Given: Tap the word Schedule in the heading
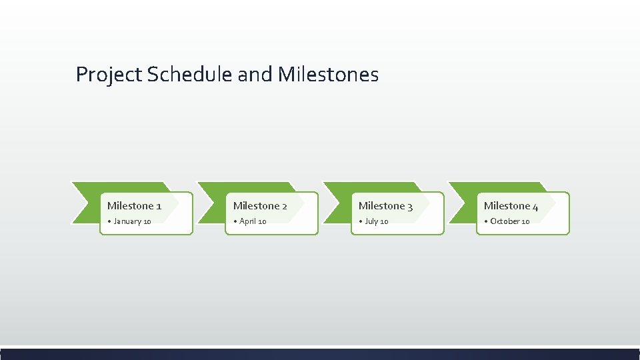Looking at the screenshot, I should pos(190,74).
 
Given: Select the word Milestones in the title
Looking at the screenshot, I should pos(328,74).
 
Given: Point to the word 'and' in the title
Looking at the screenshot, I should pos(255,74).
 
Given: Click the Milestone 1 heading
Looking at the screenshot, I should pos(134,206).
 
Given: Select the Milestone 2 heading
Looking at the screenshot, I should pos(260,206).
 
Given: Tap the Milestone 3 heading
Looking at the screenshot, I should pos(385,206).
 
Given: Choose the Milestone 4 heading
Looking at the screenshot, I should pos(511,206).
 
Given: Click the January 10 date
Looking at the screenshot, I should pos(132,221).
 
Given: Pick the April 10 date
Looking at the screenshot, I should pos(253,221).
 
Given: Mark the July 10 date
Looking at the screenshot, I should pos(376,221).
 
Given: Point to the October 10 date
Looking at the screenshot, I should pos(509,221).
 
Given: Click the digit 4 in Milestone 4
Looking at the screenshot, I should pos(535,207).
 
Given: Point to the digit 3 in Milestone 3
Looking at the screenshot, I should pos(409,207).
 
